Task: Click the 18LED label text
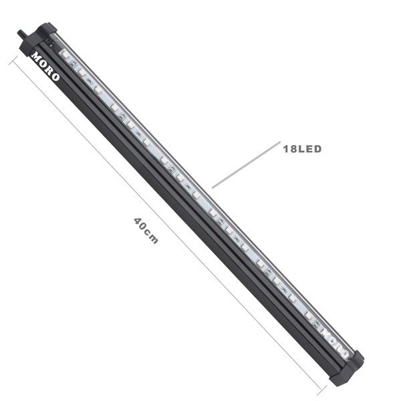pos(302,149)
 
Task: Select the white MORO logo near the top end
pos(45,66)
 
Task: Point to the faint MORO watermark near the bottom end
pos(336,344)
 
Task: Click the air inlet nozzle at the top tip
pos(20,33)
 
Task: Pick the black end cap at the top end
pos(38,39)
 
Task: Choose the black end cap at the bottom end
pos(346,368)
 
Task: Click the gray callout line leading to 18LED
pos(246,164)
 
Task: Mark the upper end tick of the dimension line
pos(13,60)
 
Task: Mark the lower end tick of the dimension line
pos(321,390)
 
